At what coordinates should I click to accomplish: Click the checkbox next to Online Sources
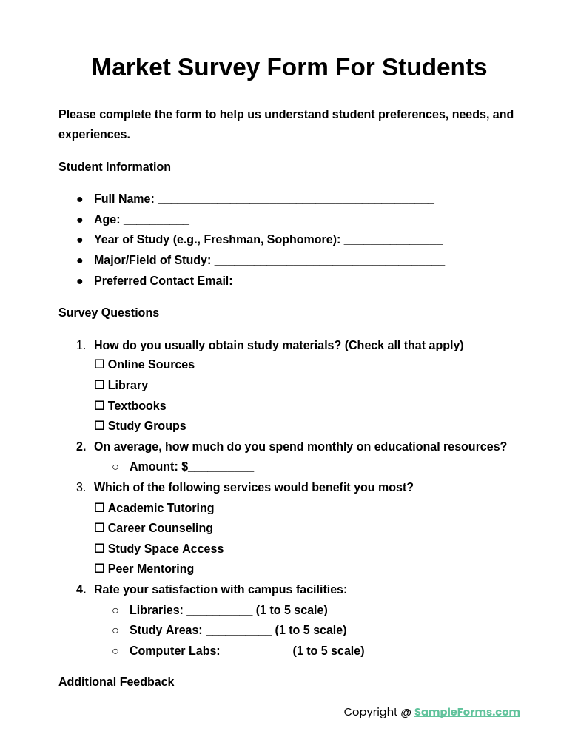pyautogui.click(x=99, y=365)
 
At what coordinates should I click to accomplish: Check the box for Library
pyautogui.click(x=99, y=386)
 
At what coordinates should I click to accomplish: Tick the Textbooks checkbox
pyautogui.click(x=99, y=406)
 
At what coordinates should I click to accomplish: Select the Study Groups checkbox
pyautogui.click(x=99, y=426)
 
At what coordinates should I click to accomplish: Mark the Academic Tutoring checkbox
pyautogui.click(x=99, y=508)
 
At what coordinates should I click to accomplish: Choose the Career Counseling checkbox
pyautogui.click(x=99, y=528)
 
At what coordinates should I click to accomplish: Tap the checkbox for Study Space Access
pyautogui.click(x=99, y=549)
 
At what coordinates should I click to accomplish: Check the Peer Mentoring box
pyautogui.click(x=99, y=569)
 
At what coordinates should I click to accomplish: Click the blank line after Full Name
pyautogui.click(x=296, y=200)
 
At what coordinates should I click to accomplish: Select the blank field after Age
pyautogui.click(x=156, y=221)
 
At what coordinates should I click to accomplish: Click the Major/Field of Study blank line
pyautogui.click(x=329, y=261)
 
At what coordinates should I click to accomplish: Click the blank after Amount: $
pyautogui.click(x=221, y=468)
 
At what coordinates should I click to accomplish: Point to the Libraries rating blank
pyautogui.click(x=219, y=611)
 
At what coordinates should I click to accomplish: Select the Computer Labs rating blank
pyautogui.click(x=256, y=652)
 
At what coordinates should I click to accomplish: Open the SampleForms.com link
pyautogui.click(x=467, y=712)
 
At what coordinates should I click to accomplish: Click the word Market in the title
pyautogui.click(x=131, y=67)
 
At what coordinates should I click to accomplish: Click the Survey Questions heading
pyautogui.click(x=109, y=313)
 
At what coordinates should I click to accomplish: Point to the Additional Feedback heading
pyautogui.click(x=116, y=682)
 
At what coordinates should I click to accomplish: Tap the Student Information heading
pyautogui.click(x=115, y=167)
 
